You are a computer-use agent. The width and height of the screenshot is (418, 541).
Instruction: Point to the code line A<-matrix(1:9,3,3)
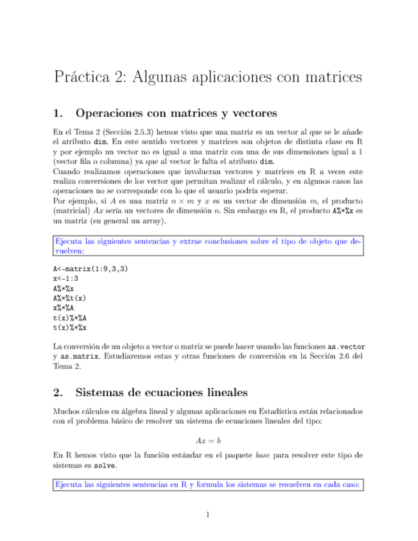point(90,269)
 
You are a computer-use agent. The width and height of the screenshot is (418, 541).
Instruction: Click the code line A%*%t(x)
point(70,298)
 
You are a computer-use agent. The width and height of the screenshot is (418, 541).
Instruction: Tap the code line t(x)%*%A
point(70,317)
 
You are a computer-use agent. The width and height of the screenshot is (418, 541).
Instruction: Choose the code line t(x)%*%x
point(70,327)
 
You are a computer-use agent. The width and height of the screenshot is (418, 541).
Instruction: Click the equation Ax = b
point(208,441)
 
